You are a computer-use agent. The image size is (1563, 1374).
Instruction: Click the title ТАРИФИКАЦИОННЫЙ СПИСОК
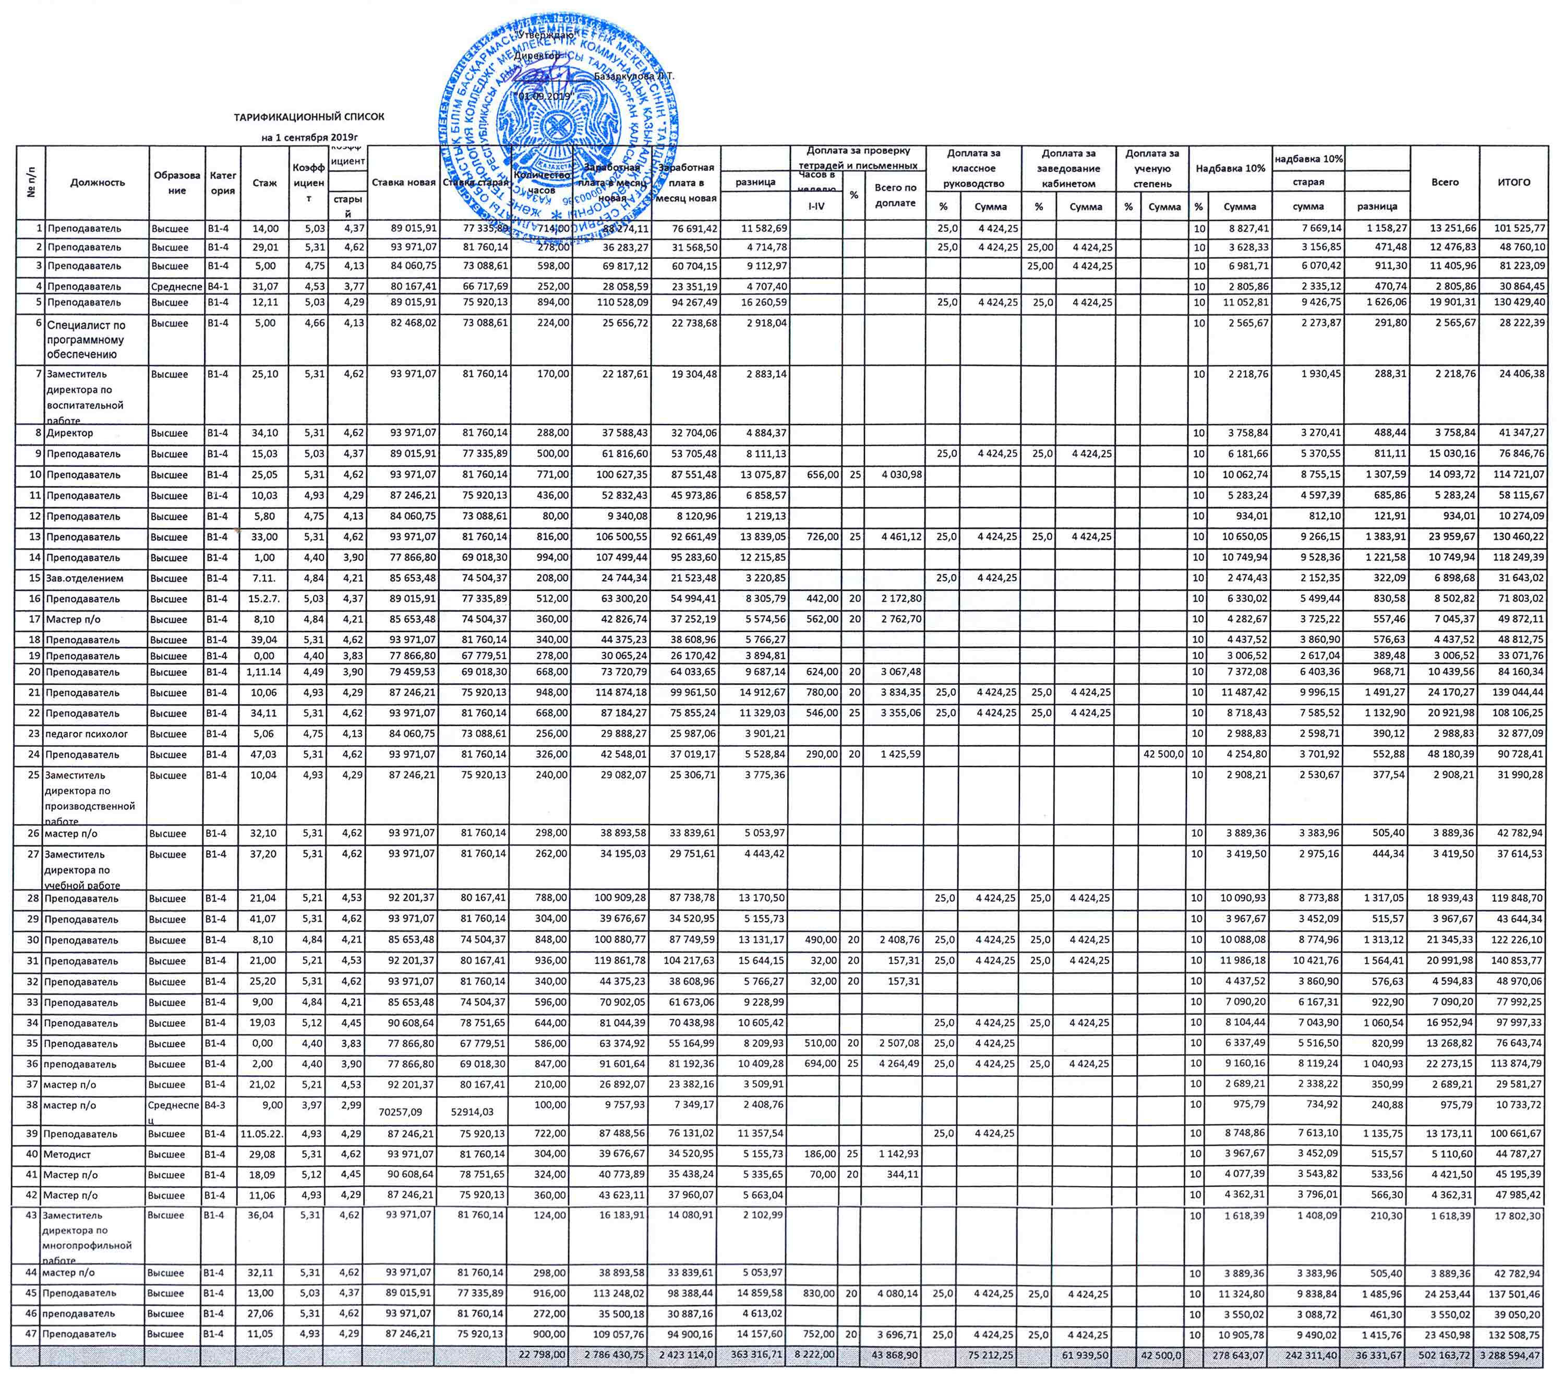coord(309,117)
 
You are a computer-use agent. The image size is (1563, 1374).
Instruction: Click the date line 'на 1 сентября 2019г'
coord(309,138)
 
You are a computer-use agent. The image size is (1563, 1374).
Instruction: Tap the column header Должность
coord(97,182)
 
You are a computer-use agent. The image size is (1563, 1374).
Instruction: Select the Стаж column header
coord(264,183)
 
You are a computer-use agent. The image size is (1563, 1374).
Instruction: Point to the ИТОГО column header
coord(1513,182)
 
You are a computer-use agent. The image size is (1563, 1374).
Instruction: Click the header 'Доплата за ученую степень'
coord(1151,169)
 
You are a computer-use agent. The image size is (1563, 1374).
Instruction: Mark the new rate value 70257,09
coord(400,1113)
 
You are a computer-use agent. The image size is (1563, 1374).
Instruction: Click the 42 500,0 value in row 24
coord(1163,755)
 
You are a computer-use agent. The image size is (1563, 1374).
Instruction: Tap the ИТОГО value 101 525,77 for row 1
coord(1517,228)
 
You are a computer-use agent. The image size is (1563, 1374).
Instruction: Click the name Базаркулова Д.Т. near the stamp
coord(634,77)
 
